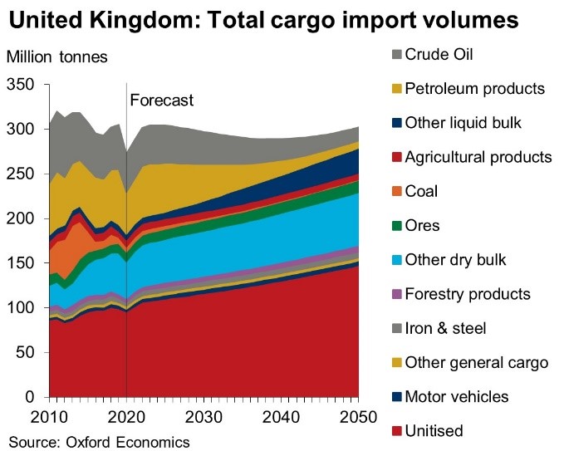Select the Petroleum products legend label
click(474, 88)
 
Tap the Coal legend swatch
click(396, 192)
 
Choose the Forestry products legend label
click(468, 294)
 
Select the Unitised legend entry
click(434, 431)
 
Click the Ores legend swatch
click(396, 226)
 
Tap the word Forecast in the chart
click(162, 100)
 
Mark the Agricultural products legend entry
click(478, 157)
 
